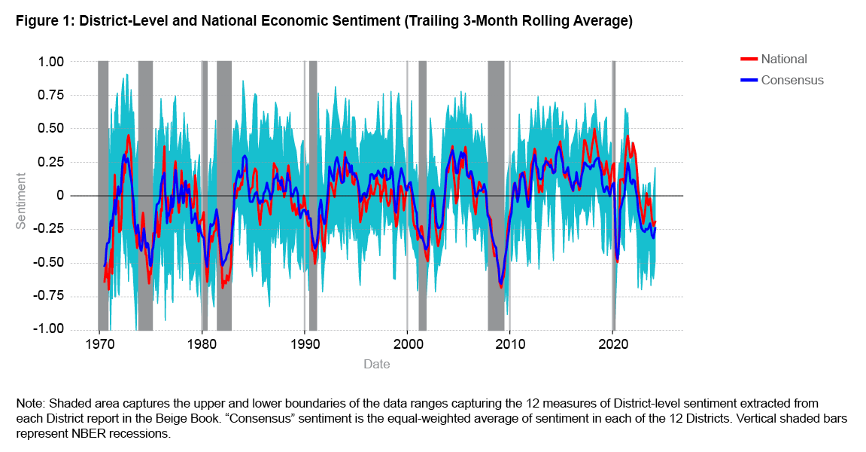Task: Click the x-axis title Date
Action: click(376, 365)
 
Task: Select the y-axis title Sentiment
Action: click(21, 200)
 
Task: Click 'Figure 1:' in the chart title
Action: click(43, 22)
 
